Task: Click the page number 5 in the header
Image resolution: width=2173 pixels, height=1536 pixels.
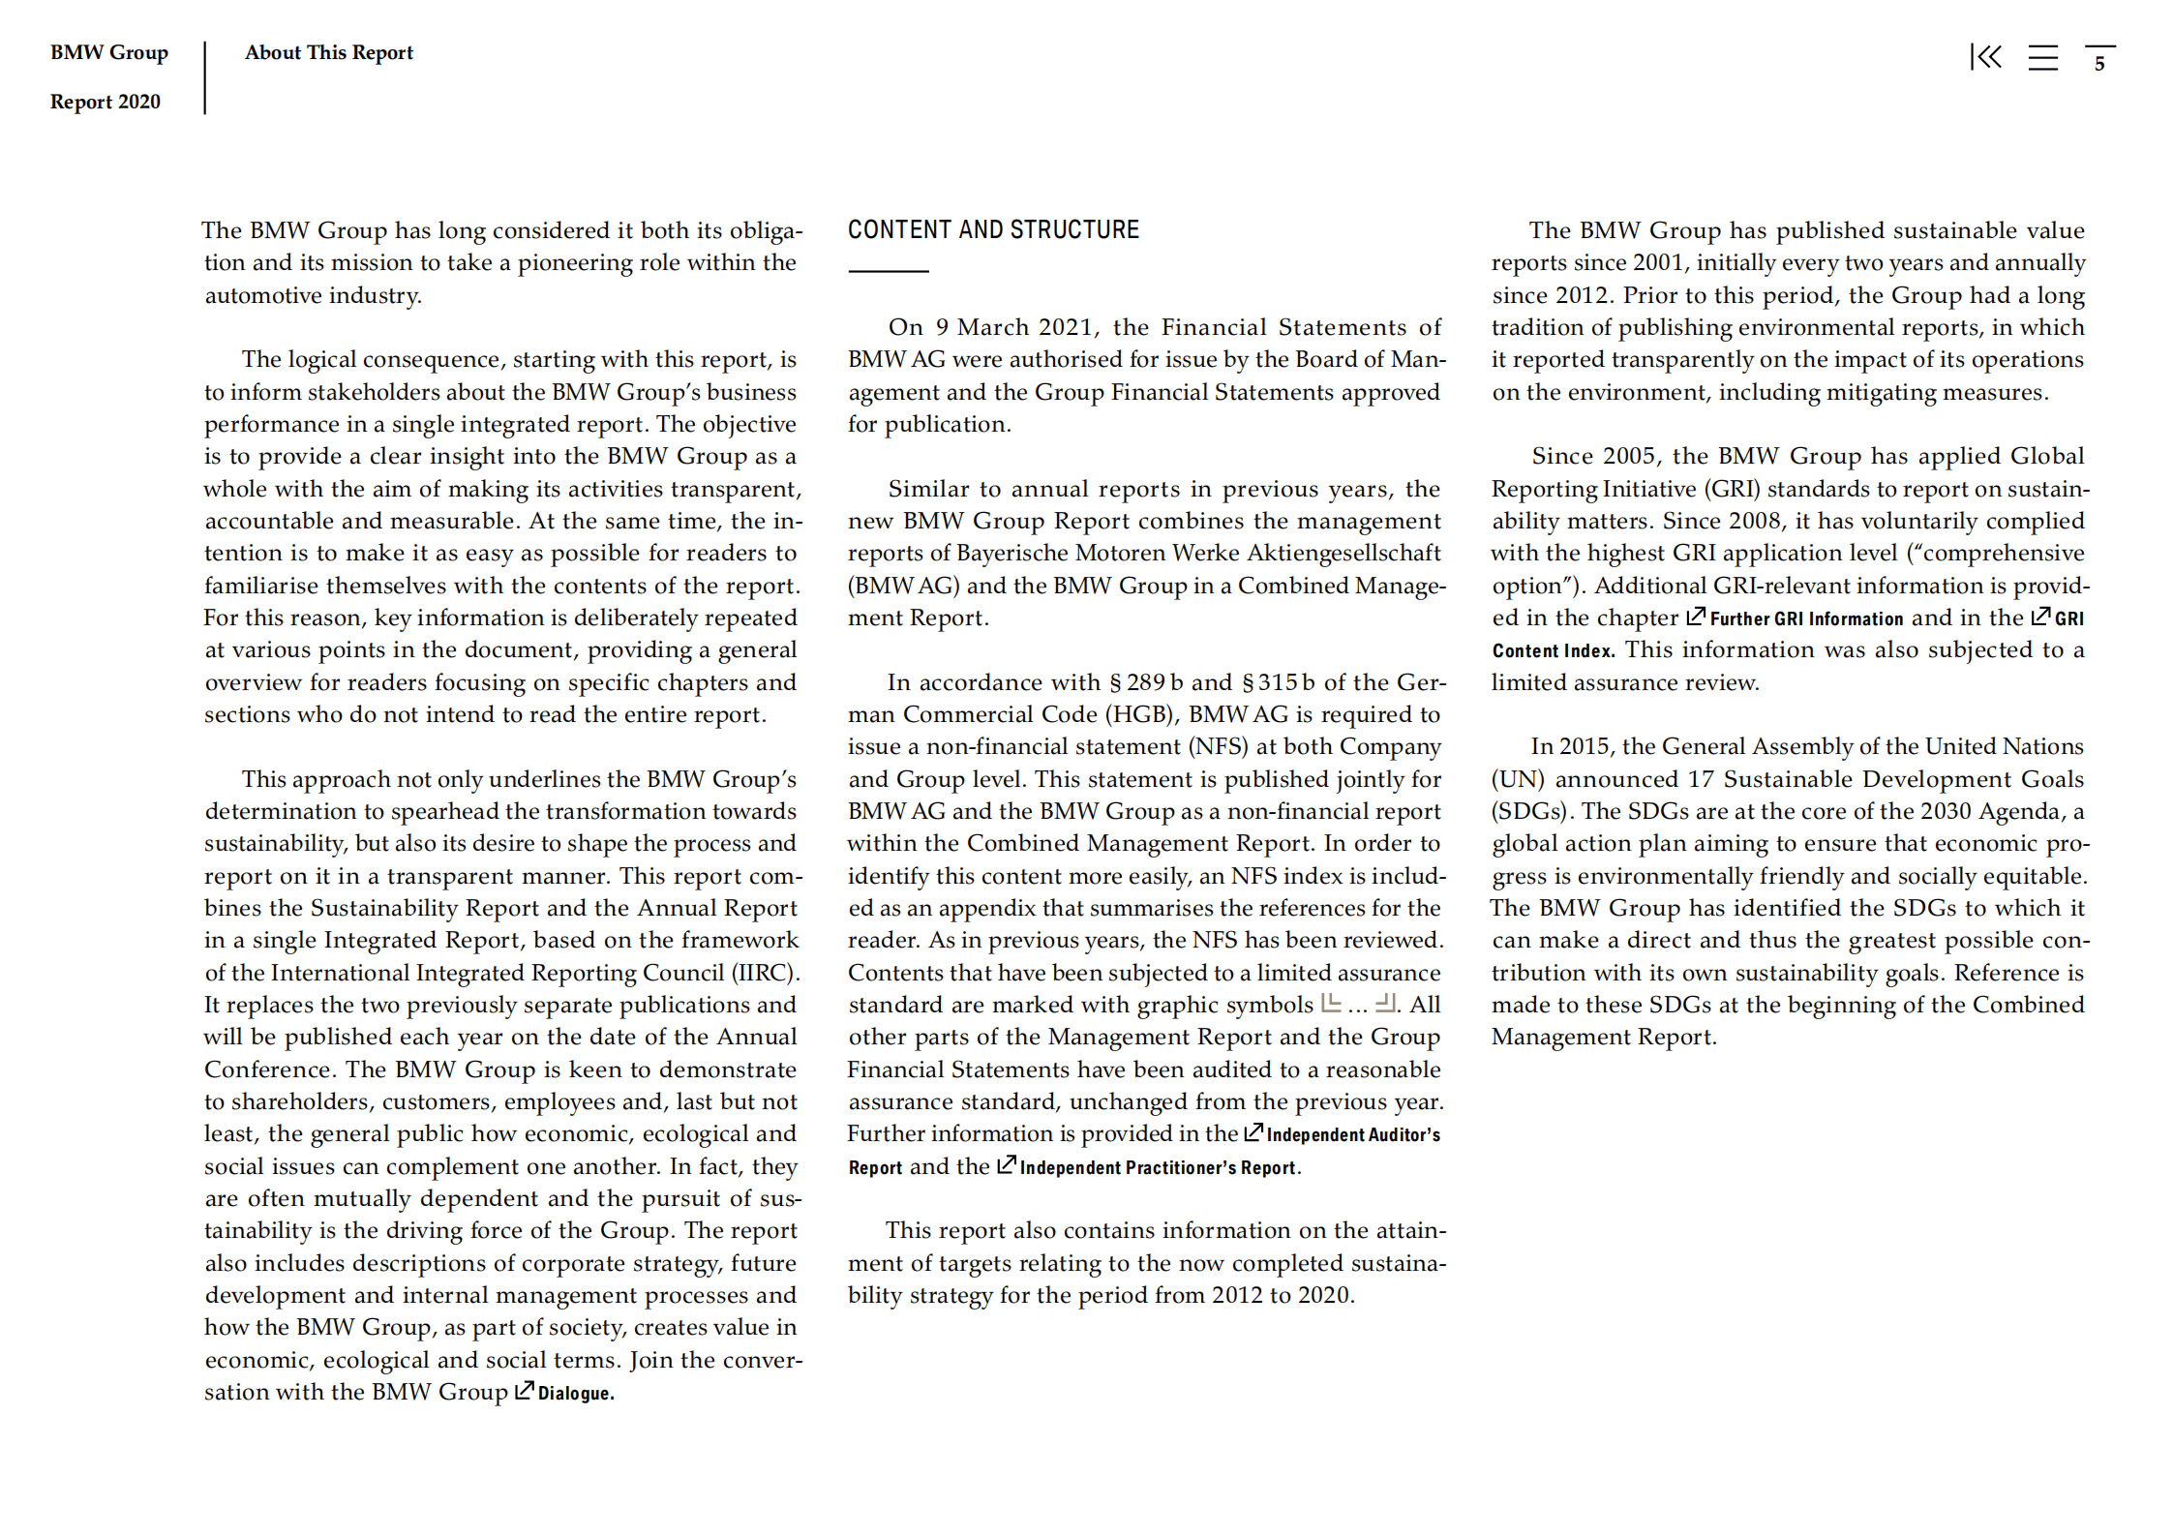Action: coord(2099,64)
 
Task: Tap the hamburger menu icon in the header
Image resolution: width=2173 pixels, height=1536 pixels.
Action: coord(2042,58)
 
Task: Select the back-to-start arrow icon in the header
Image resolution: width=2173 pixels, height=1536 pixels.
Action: coord(1985,57)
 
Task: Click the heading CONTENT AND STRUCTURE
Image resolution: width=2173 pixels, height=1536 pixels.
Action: coord(993,230)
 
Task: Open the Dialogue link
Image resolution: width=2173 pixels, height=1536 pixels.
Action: coord(575,1394)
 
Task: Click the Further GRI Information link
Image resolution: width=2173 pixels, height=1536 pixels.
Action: coord(1805,619)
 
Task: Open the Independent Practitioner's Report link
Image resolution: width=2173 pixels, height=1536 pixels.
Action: coord(1159,1168)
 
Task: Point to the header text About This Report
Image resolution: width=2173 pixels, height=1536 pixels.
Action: coord(328,52)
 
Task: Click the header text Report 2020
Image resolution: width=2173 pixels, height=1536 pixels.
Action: coord(105,102)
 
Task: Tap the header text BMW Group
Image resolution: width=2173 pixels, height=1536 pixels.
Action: coord(108,52)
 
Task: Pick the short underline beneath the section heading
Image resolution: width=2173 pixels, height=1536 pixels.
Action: coord(888,271)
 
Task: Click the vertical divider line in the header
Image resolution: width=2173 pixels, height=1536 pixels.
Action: coord(205,77)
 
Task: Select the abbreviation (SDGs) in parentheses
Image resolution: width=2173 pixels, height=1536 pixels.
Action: coord(1527,812)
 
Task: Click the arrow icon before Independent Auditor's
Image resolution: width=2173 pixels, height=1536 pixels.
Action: coord(1252,1132)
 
